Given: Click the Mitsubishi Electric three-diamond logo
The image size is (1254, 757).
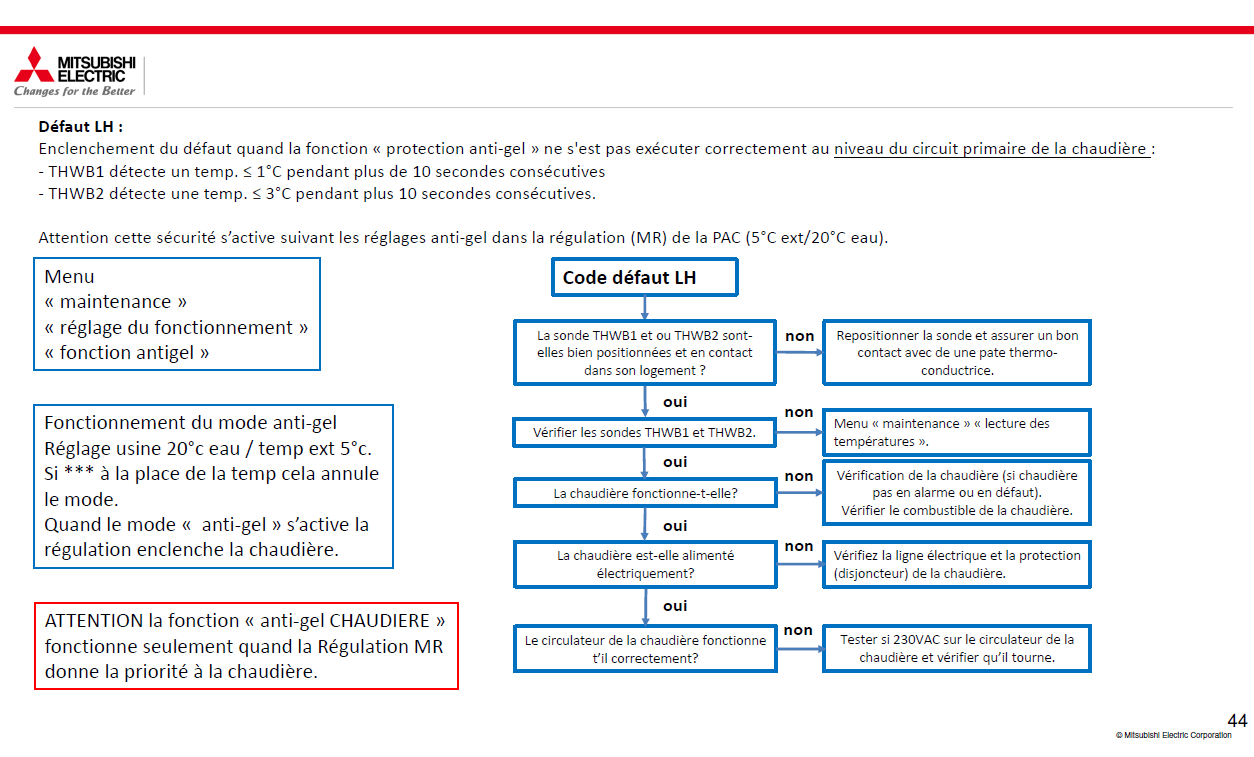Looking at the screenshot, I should tap(33, 64).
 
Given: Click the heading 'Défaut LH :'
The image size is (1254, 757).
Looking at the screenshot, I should tap(81, 127).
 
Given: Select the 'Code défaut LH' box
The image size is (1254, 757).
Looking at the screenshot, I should tap(644, 277).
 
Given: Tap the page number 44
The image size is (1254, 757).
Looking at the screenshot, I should tap(1237, 720).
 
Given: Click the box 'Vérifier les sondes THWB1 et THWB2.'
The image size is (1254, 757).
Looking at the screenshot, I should tap(644, 433).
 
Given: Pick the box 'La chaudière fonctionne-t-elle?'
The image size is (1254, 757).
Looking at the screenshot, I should tap(644, 493).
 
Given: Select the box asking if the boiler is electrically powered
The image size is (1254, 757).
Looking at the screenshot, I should tap(644, 564).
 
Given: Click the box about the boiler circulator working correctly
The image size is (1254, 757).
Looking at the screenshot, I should tap(644, 649).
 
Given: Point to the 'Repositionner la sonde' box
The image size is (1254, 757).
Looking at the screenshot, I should tap(956, 352).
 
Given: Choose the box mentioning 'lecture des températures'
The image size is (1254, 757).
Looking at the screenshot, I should tap(956, 432).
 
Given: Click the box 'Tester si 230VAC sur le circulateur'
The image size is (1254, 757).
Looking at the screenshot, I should tap(956, 648).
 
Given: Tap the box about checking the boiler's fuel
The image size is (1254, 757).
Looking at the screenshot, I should tap(956, 493).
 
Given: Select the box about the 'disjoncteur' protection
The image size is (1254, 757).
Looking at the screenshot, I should tap(956, 564).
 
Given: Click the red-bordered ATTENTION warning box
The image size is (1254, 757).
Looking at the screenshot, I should tap(246, 646).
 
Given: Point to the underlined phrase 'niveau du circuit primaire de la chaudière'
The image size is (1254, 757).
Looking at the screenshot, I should tap(991, 149).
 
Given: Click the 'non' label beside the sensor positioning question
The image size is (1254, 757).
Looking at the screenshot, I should tap(799, 336).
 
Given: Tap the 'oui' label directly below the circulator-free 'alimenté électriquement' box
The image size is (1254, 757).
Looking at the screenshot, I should tap(675, 606).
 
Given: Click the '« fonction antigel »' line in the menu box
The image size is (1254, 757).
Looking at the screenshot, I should tap(127, 352).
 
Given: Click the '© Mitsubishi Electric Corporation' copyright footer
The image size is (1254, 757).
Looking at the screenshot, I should tap(1173, 735).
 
